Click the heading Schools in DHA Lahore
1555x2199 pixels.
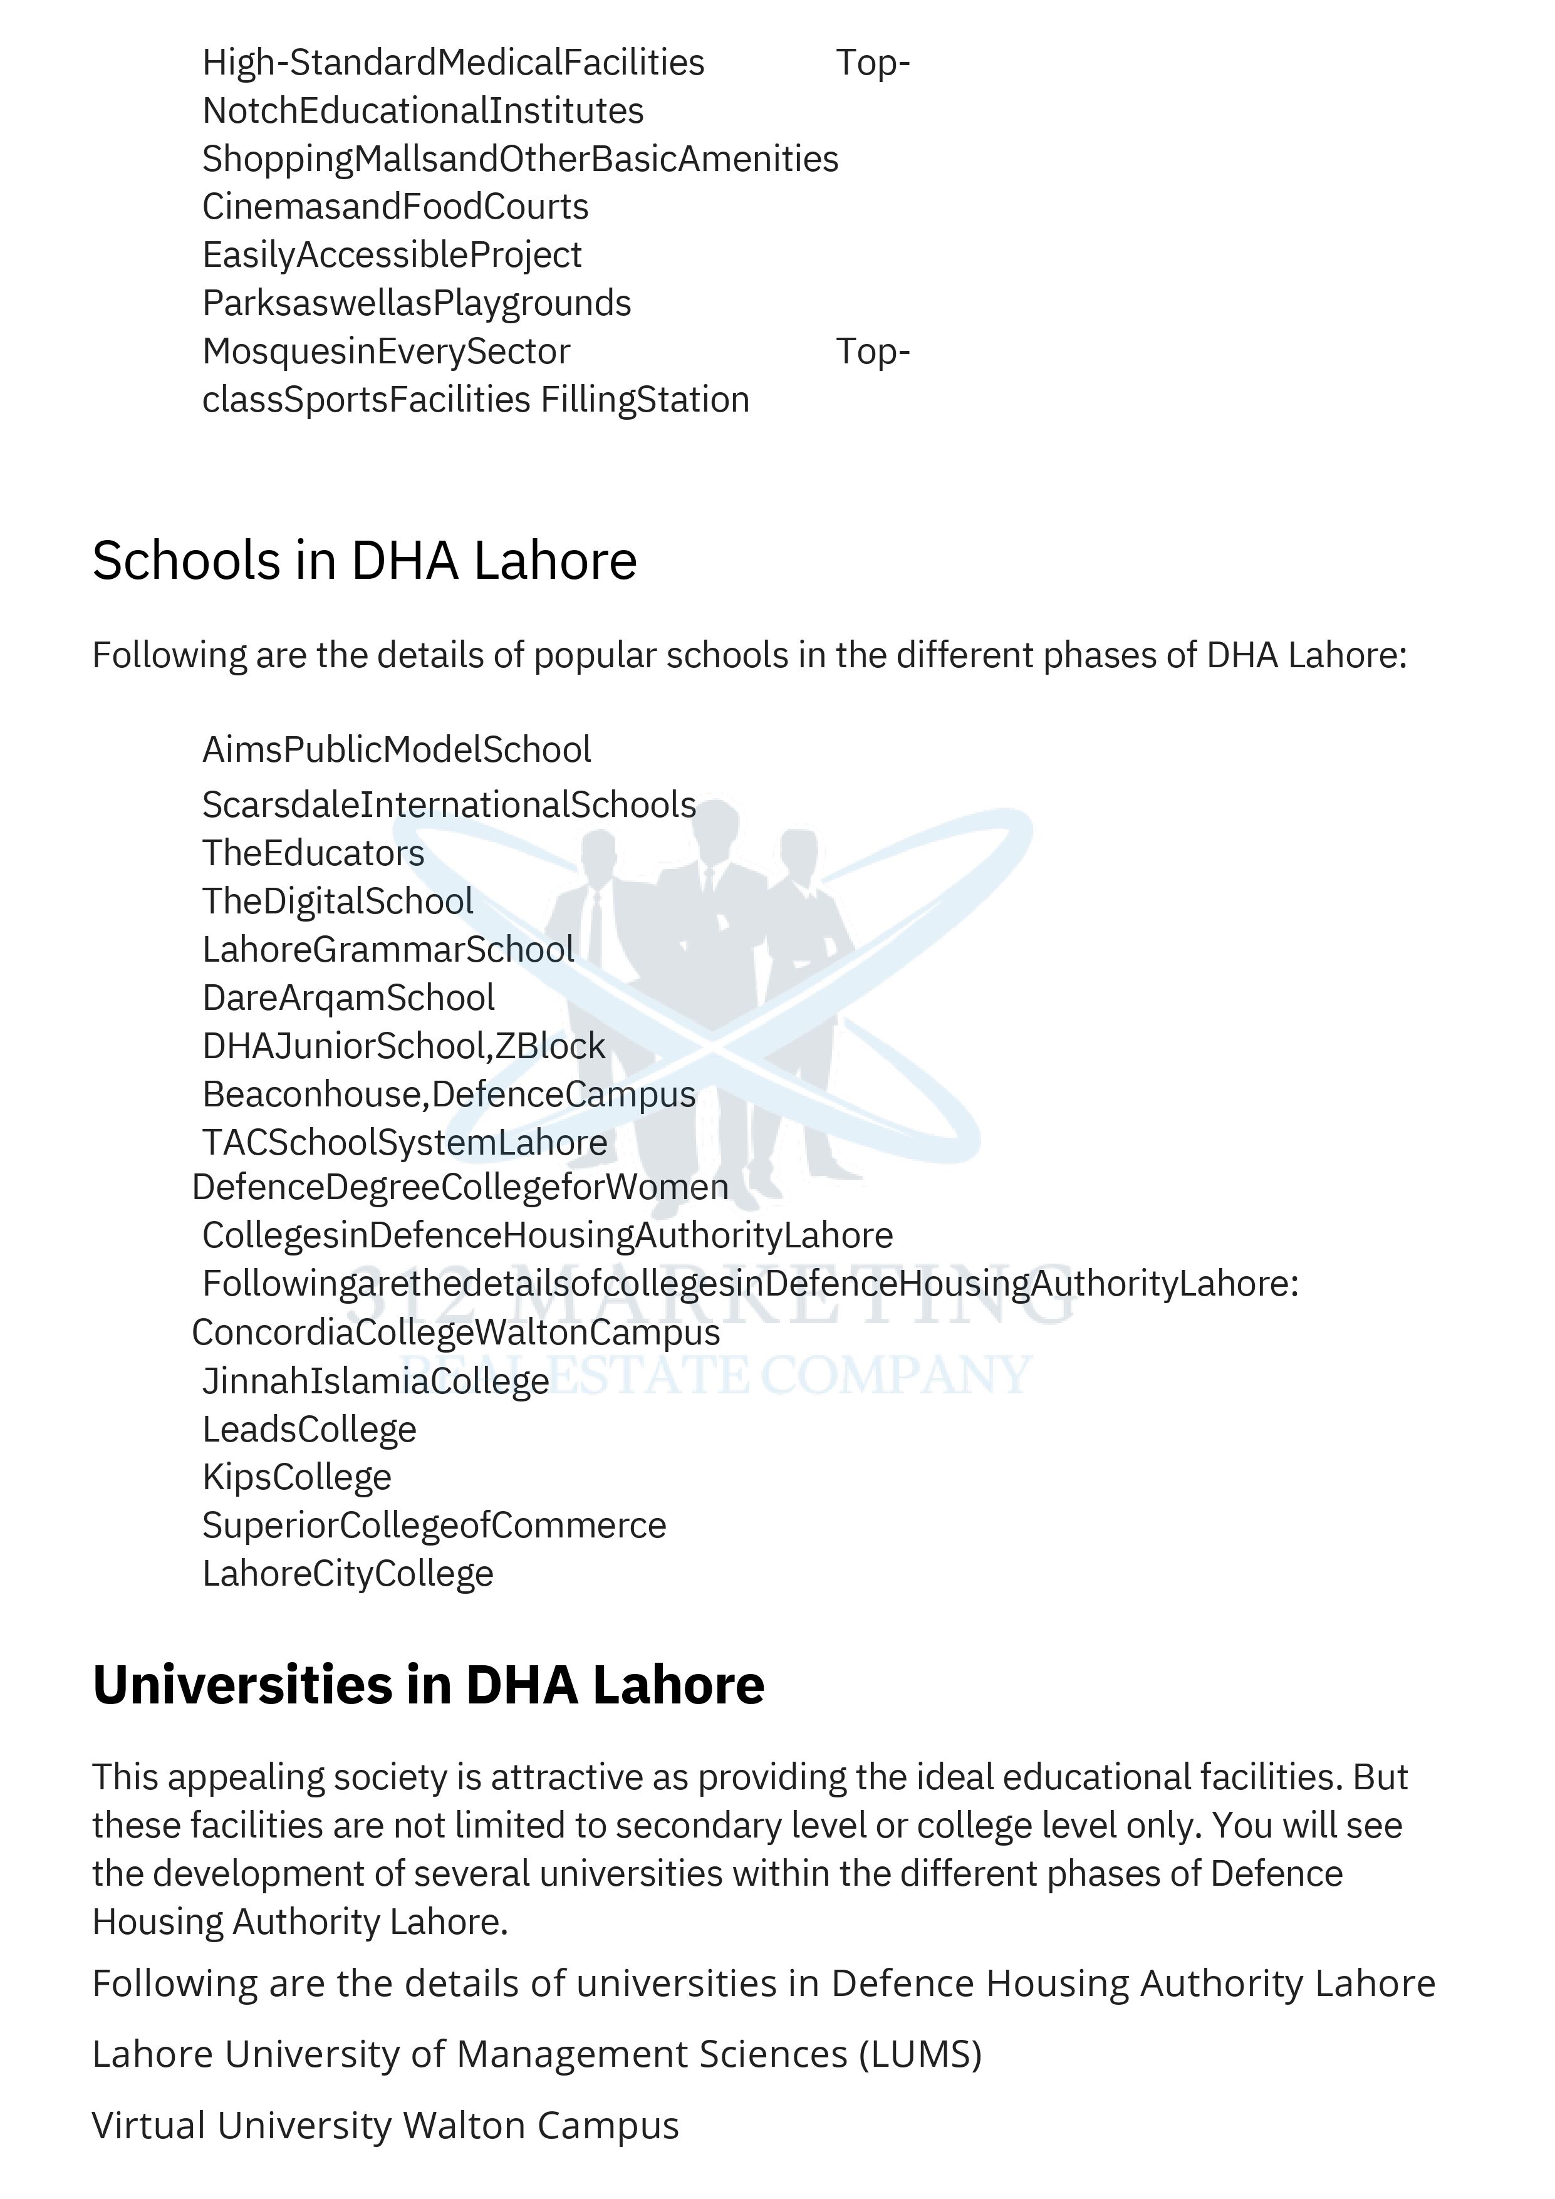pos(364,561)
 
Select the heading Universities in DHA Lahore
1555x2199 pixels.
pos(428,1684)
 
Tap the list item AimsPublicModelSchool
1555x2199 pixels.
pos(397,750)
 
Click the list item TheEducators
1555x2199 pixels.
pos(313,853)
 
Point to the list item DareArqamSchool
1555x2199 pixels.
pos(348,998)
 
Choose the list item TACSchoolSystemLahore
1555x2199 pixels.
pos(405,1143)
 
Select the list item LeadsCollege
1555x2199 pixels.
pos(309,1430)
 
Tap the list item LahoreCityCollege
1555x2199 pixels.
pos(348,1574)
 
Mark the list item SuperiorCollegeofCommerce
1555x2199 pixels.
pos(434,1526)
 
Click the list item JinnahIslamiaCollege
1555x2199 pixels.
pos(375,1381)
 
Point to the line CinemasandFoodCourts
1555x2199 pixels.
pos(395,207)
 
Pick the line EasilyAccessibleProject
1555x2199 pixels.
pos(392,255)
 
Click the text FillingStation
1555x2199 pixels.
pos(645,399)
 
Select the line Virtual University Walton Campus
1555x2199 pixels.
pos(385,2125)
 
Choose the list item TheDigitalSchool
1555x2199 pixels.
pos(338,902)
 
